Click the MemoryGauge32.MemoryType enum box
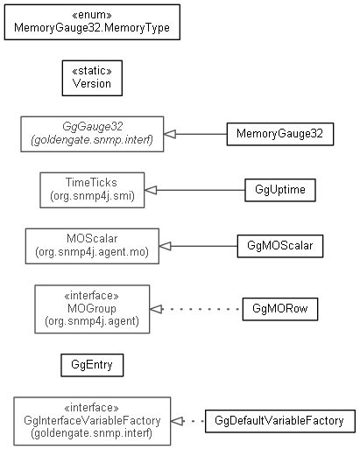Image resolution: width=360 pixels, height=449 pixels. pos(92,22)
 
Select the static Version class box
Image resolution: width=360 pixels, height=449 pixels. pos(92,78)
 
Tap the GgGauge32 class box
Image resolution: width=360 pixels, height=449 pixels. pos(92,134)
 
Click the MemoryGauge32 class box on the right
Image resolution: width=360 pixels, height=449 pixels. pos(280,134)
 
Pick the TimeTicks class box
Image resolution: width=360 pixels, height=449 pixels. pos(92,190)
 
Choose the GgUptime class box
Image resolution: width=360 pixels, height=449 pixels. pos(280,190)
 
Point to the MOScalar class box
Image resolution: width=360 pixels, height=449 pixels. pos(92,246)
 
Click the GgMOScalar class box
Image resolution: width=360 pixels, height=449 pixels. pos(280,246)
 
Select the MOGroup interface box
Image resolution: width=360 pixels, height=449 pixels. pos(92,309)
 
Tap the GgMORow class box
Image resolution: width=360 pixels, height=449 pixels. pos(280,309)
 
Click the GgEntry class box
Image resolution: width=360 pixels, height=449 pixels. pos(92,365)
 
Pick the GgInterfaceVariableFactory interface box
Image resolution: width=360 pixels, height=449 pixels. pos(92,421)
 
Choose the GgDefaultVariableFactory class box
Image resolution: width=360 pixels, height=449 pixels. pos(280,421)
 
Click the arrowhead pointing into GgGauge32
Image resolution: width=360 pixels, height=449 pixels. pos(170,134)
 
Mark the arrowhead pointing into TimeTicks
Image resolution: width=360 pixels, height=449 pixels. pos(151,190)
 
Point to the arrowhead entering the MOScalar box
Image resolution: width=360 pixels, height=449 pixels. pos(165,246)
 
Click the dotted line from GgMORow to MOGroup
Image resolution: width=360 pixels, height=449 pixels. pos(202,309)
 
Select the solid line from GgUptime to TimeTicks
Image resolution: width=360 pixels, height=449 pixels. pos(201,190)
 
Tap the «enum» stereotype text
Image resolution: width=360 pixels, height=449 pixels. pos(92,15)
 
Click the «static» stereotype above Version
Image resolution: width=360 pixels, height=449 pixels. pos(92,71)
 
